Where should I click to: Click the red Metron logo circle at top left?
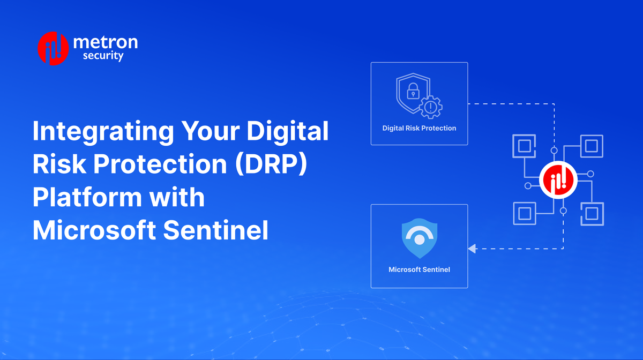53,48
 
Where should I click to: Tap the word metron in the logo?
106,42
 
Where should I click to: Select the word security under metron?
103,56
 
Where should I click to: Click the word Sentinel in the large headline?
216,230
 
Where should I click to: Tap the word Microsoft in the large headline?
94,230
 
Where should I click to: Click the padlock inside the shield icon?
413,91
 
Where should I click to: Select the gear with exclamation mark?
431,107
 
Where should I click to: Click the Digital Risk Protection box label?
419,128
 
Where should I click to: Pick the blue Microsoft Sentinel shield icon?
420,238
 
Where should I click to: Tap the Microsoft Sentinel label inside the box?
419,269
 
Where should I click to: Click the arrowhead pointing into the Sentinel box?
472,249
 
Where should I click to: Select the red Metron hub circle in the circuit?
558,180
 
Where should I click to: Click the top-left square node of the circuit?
524,146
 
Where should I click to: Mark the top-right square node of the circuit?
592,146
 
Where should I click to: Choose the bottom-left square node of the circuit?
525,214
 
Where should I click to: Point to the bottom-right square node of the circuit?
592,214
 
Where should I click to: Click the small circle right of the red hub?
590,174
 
